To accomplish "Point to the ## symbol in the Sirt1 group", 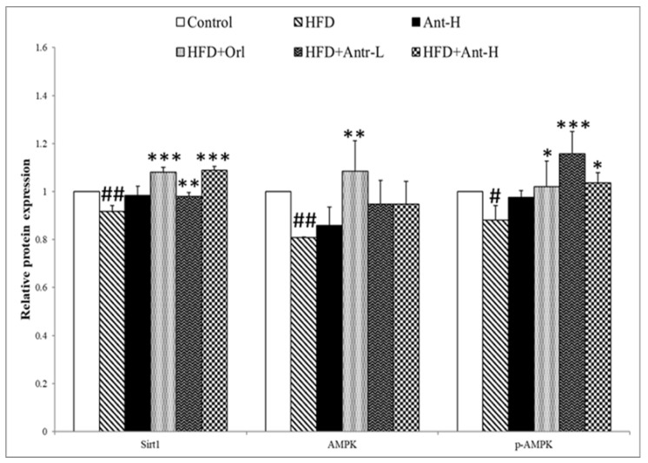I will [x=112, y=195].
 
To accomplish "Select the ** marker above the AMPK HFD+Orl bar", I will [x=354, y=135].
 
